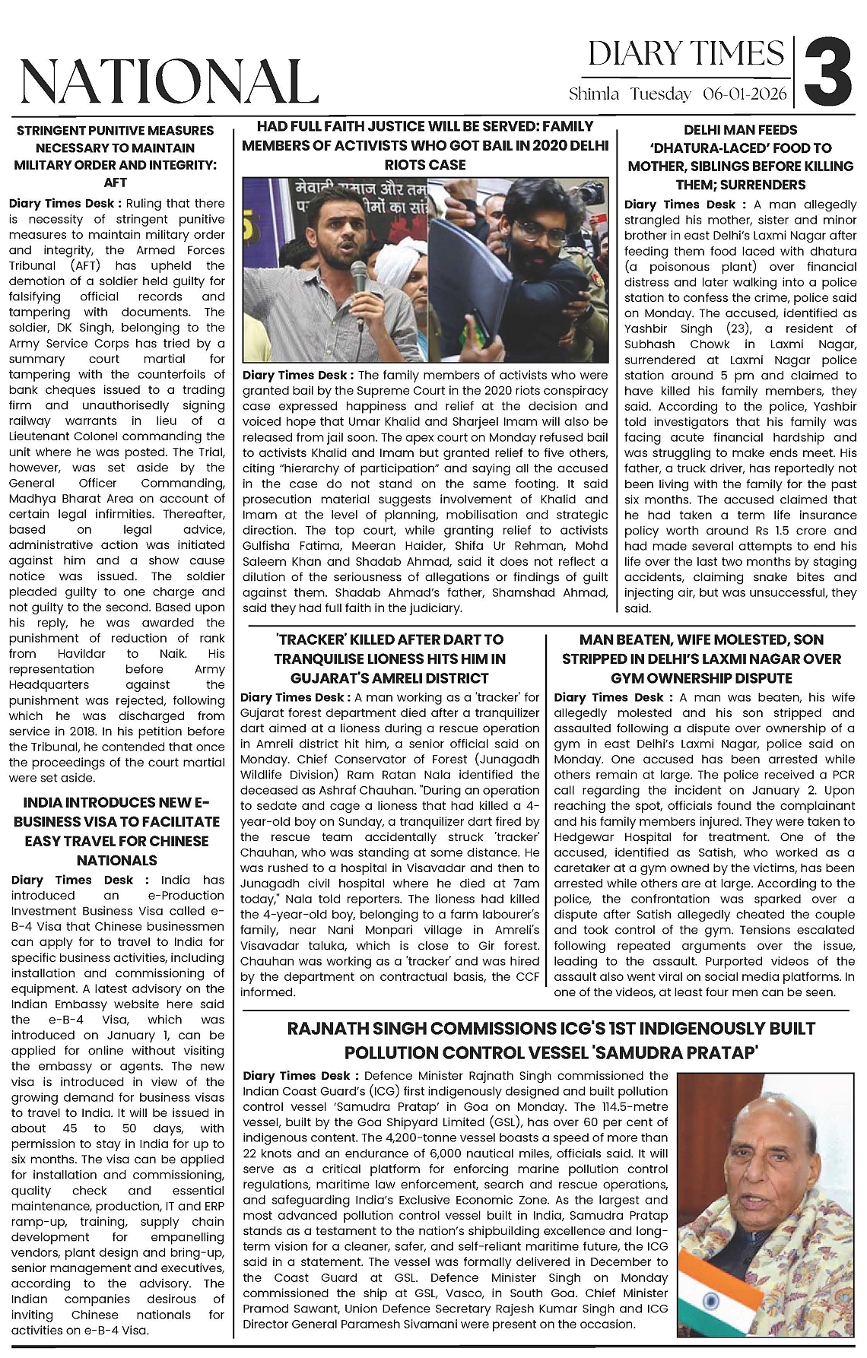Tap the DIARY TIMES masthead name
point(686,53)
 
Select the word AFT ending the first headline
point(116,182)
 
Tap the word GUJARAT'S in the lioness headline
point(329,678)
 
